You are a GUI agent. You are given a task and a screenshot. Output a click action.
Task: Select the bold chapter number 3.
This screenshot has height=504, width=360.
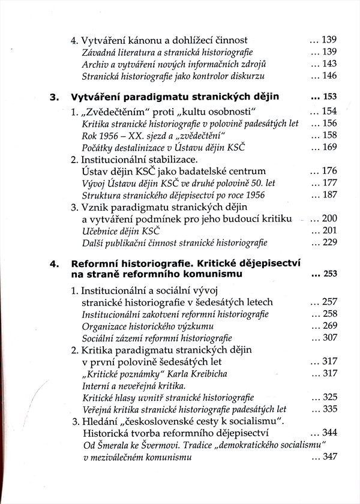[x=52, y=97]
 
